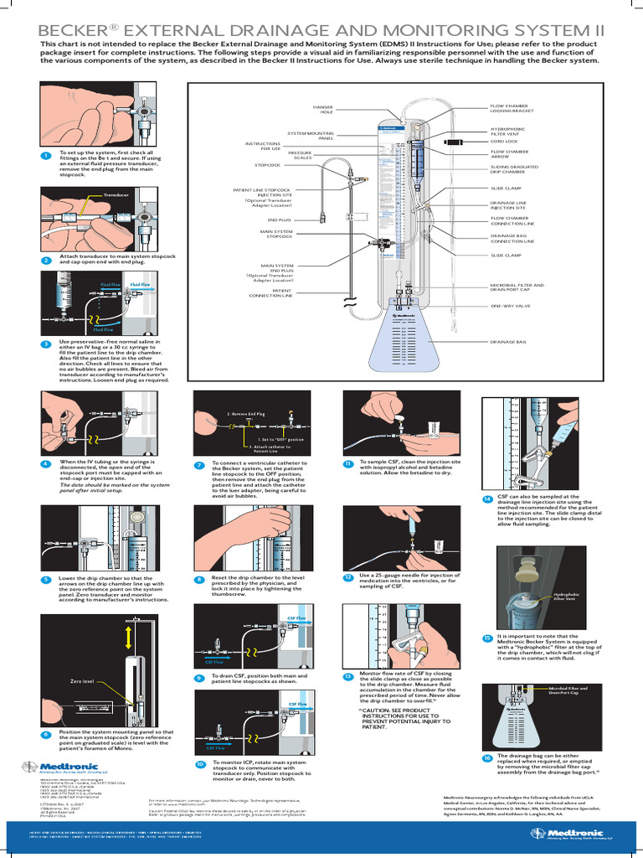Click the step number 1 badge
tap(45, 156)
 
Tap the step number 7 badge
tap(199, 465)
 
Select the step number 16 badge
tap(486, 757)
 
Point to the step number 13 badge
tap(347, 676)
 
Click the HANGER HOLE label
tap(322, 109)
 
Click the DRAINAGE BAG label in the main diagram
tap(508, 342)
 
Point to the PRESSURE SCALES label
tap(300, 155)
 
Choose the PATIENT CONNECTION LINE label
tap(276, 292)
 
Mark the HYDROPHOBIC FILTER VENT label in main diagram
tap(507, 132)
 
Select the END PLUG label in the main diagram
tap(279, 220)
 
